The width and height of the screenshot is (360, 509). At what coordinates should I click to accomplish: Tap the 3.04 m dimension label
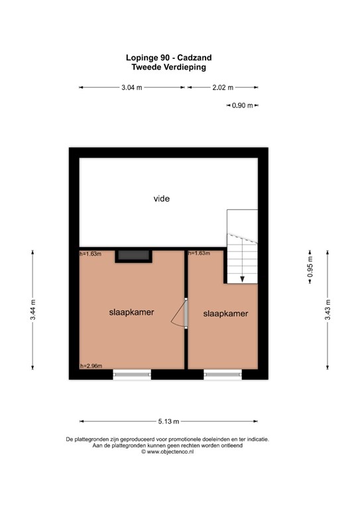[x=132, y=87]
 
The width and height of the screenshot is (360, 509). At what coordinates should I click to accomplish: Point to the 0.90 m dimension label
[x=243, y=105]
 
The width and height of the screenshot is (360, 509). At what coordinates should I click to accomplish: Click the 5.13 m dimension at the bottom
[x=169, y=420]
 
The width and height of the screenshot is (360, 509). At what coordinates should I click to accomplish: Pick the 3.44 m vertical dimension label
[x=33, y=311]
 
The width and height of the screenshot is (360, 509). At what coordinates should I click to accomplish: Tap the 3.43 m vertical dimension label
[x=327, y=310]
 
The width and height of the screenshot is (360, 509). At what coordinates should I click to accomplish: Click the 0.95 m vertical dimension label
[x=309, y=268]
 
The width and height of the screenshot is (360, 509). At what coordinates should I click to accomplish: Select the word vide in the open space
[x=162, y=198]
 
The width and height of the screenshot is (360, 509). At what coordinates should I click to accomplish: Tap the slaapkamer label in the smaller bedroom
[x=225, y=313]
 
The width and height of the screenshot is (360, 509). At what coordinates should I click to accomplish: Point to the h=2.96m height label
[x=91, y=366]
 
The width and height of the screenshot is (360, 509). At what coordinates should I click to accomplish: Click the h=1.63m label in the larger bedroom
[x=91, y=254]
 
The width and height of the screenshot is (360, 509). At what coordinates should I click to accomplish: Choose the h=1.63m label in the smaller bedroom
[x=200, y=254]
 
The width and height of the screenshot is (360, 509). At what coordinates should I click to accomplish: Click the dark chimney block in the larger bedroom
[x=133, y=256]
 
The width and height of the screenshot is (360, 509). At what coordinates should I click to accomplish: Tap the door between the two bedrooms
[x=185, y=313]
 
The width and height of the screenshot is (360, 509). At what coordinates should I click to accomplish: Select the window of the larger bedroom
[x=132, y=375]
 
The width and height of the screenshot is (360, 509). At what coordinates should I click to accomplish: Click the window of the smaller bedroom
[x=223, y=375]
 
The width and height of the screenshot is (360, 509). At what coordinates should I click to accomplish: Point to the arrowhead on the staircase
[x=243, y=279]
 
